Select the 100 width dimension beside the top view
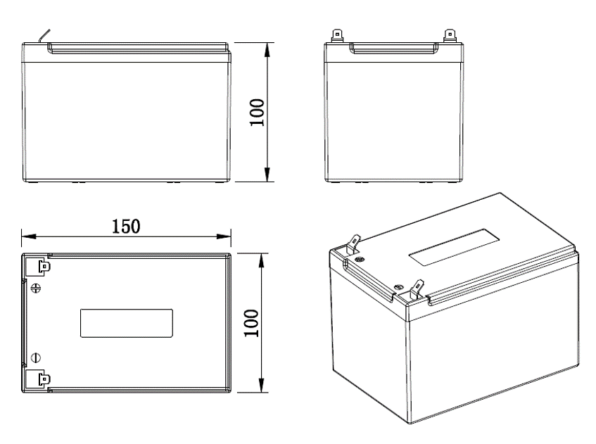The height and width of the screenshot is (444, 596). click(258, 322)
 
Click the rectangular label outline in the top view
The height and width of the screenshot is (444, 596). click(127, 323)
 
